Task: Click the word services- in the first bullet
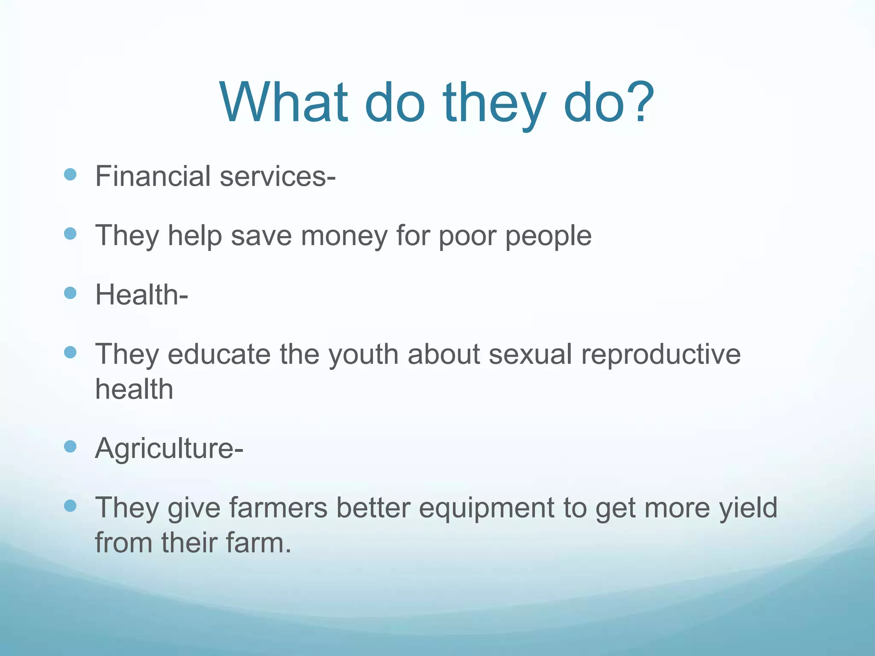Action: click(x=278, y=176)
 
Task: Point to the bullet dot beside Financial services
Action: click(x=70, y=174)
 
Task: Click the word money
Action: click(x=344, y=236)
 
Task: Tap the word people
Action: click(x=549, y=237)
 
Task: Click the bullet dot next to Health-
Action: click(x=70, y=293)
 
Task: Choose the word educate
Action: click(x=219, y=354)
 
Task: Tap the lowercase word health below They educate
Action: click(x=134, y=389)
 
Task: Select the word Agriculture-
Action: click(x=169, y=448)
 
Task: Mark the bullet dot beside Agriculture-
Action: click(x=70, y=447)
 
